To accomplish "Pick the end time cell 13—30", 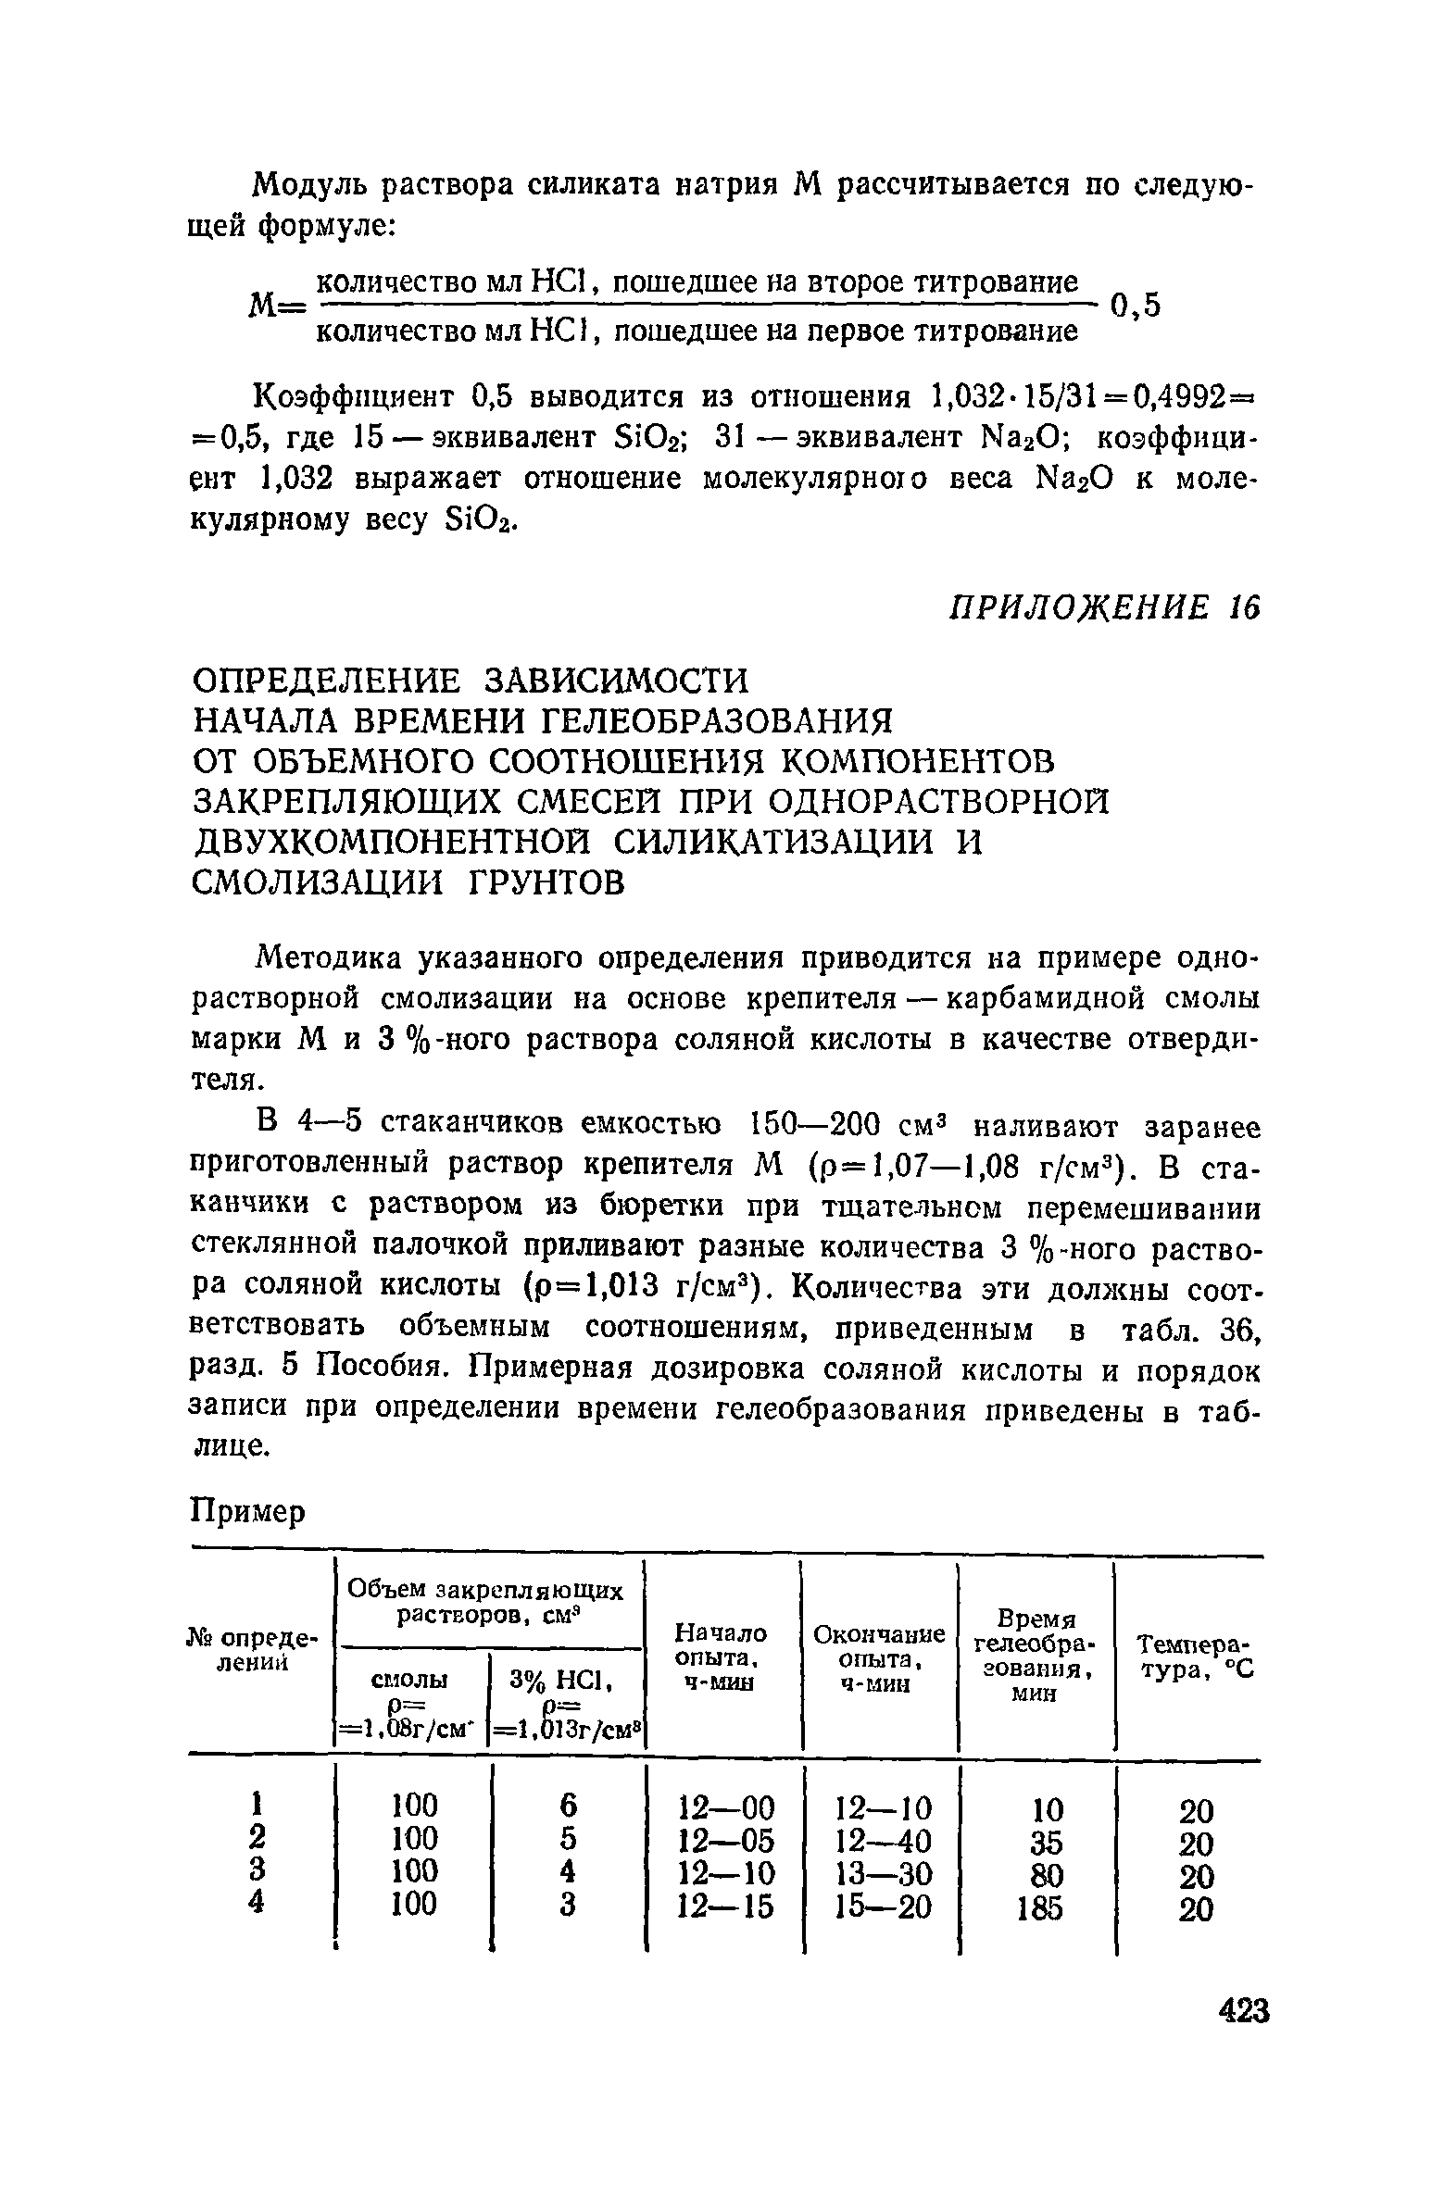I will [882, 1875].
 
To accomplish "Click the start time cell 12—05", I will [726, 1841].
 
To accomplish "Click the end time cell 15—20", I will [882, 1907].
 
